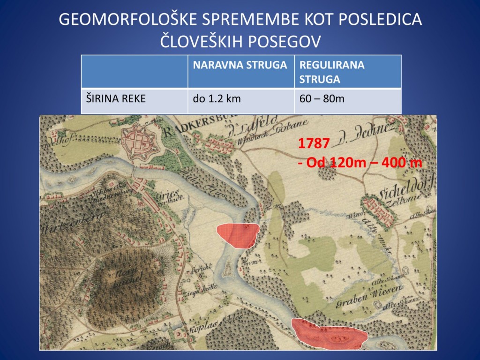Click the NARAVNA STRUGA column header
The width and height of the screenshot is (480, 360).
tap(240, 65)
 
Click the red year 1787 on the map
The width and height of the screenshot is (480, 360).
tap(314, 144)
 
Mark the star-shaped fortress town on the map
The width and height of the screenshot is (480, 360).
tap(141, 141)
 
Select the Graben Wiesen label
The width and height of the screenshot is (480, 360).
tap(372, 294)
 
